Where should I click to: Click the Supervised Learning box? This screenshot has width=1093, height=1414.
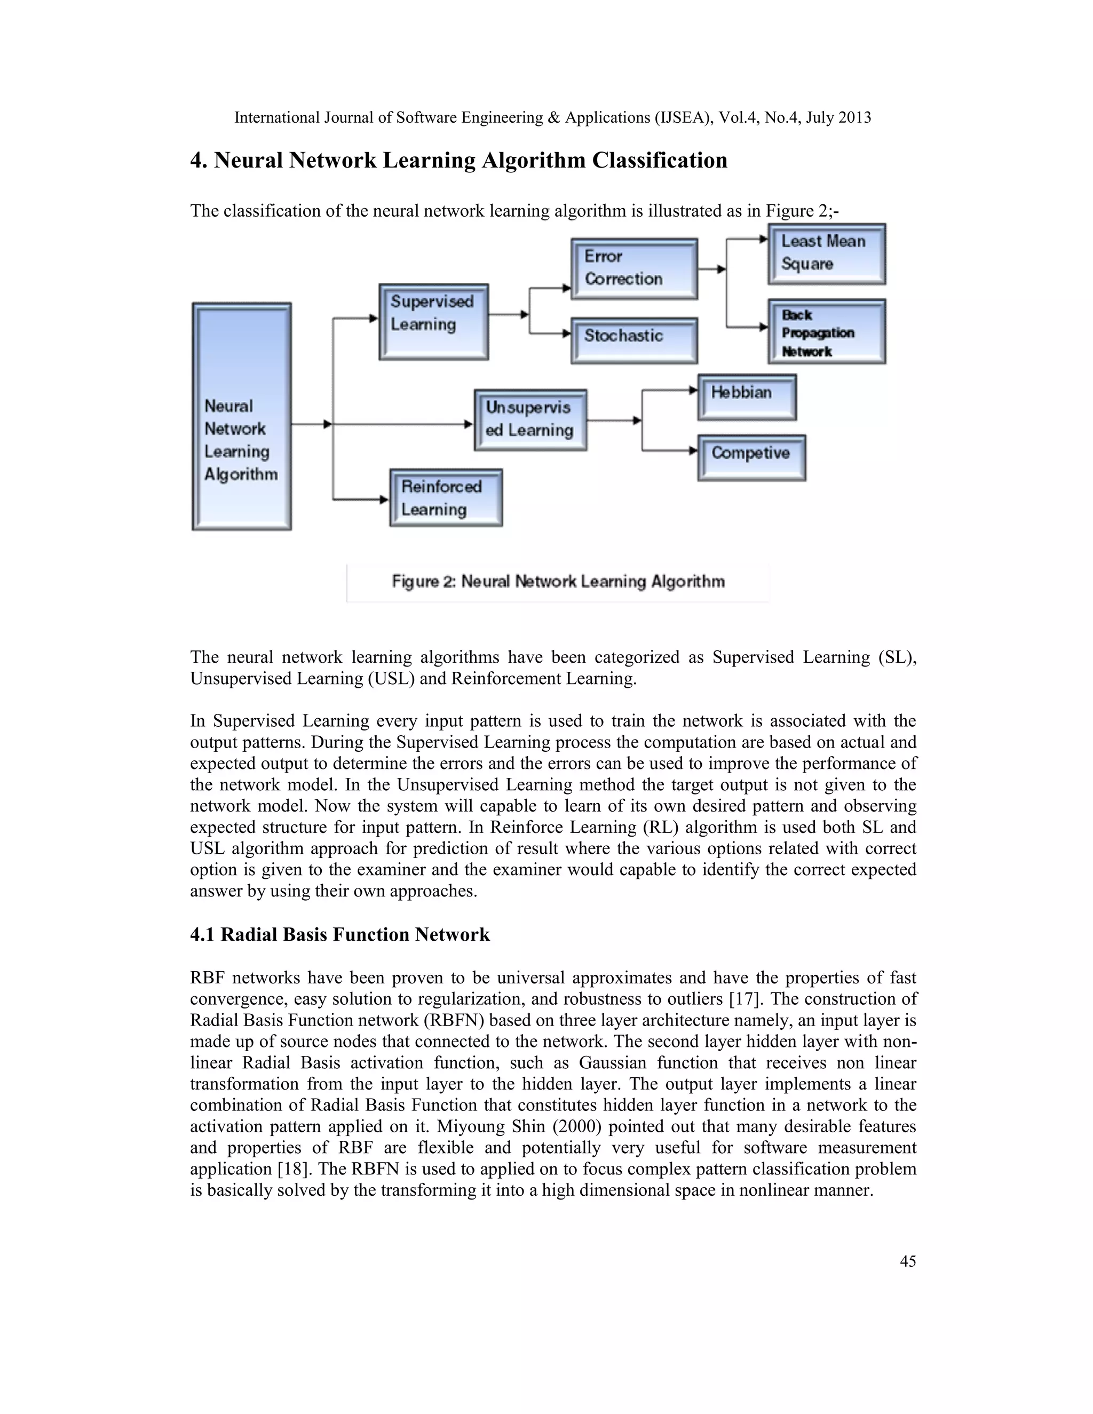click(433, 322)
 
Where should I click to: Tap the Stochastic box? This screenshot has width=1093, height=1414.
click(634, 340)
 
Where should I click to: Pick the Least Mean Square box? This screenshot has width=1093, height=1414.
click(826, 254)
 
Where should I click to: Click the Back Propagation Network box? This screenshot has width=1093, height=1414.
click(826, 331)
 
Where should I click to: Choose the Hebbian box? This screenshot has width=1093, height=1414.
click(747, 397)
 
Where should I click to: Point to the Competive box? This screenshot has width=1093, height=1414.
click(751, 457)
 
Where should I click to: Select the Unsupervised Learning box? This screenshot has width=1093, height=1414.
click(530, 419)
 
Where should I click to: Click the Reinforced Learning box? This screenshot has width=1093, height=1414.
click(446, 497)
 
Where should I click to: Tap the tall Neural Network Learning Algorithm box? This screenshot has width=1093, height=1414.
click(242, 416)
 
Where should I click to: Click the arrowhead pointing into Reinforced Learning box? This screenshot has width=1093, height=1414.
click(384, 499)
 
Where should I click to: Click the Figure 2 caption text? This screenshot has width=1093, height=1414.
click(558, 582)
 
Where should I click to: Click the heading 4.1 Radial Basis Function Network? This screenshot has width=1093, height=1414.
click(339, 934)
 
